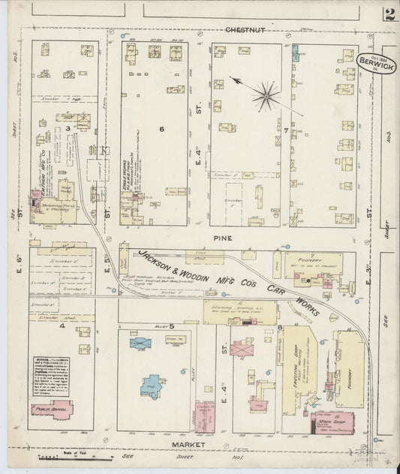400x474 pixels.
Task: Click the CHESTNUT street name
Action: click(x=245, y=29)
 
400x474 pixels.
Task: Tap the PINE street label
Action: click(x=223, y=238)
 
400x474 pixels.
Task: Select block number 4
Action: click(x=63, y=326)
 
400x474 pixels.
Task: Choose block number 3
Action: click(x=68, y=129)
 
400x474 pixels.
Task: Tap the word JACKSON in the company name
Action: click(x=157, y=261)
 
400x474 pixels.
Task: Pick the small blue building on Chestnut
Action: click(x=295, y=52)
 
